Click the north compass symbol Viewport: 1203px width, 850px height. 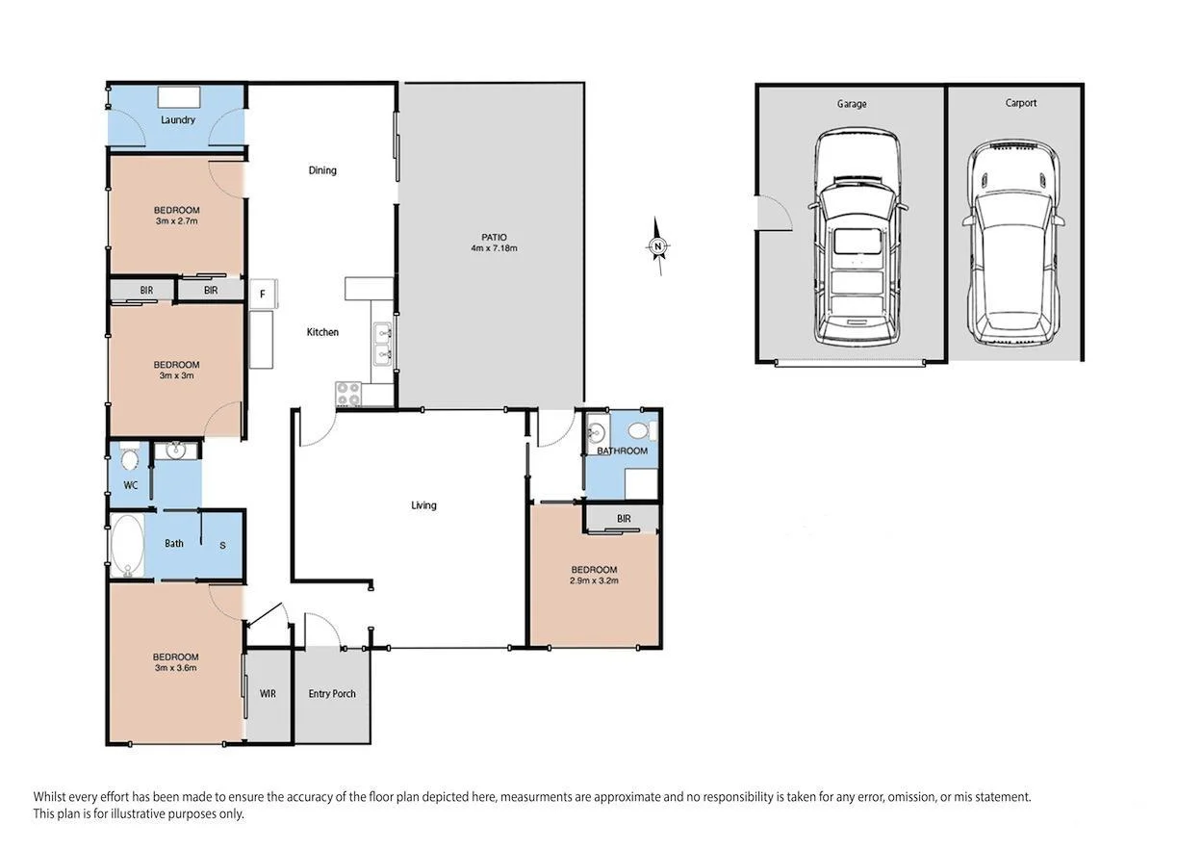(x=657, y=247)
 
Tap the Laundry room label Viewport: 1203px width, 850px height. (x=178, y=120)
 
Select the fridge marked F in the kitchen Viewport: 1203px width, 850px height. (x=262, y=295)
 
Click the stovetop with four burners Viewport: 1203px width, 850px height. (x=347, y=394)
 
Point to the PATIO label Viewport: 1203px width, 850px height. (x=495, y=237)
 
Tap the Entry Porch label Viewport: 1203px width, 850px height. (x=332, y=693)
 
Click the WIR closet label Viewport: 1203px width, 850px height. (x=268, y=693)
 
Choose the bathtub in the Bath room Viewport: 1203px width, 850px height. (x=126, y=546)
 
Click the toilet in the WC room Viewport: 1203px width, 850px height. (x=130, y=455)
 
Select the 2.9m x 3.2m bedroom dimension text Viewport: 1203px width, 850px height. (x=594, y=581)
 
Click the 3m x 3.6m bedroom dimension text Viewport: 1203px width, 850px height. (x=176, y=667)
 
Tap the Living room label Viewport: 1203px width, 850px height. (x=423, y=505)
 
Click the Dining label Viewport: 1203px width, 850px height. (x=322, y=170)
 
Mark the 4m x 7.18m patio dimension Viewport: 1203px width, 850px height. (x=495, y=248)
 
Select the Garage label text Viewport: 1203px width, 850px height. (x=852, y=104)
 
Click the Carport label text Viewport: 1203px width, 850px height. (x=1021, y=103)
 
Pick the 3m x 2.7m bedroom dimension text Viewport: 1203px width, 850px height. (x=176, y=221)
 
